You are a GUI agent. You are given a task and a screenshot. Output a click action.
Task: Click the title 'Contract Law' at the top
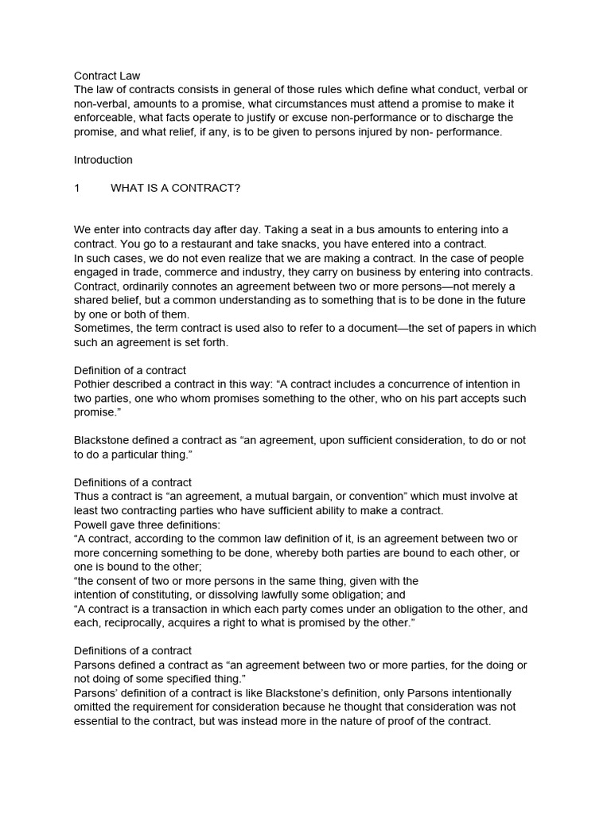click(x=107, y=76)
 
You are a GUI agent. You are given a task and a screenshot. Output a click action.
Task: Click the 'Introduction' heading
click(x=103, y=160)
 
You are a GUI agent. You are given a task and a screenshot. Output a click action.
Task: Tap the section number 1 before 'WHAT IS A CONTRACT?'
click(x=77, y=188)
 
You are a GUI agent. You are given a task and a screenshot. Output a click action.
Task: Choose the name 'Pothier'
click(x=94, y=384)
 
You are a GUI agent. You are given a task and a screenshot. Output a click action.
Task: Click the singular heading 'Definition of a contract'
click(x=130, y=370)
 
